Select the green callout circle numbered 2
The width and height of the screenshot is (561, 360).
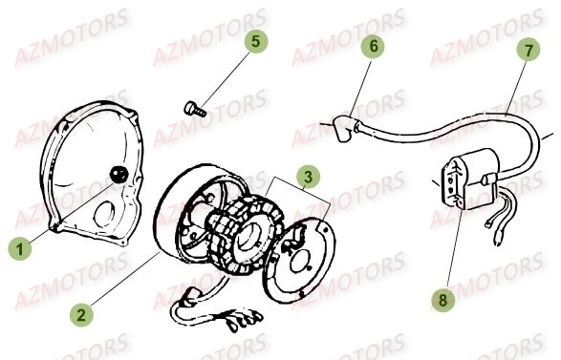pos(84,311)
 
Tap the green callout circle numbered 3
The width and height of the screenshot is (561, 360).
pos(307,178)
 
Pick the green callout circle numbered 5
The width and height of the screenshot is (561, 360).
pos(254,41)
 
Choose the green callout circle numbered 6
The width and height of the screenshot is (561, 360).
pos(374,46)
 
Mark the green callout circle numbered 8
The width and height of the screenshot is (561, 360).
pos(442,301)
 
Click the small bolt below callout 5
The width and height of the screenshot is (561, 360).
pos(194,110)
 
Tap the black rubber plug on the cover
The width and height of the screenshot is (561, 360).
pos(119,174)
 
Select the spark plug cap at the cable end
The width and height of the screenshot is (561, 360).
pos(342,124)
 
